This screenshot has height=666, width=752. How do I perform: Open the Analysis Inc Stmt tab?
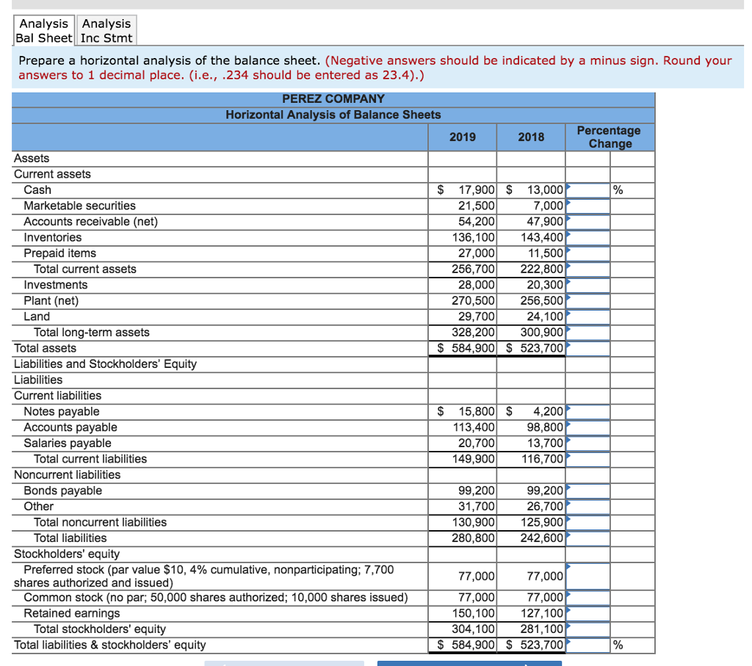click(x=106, y=31)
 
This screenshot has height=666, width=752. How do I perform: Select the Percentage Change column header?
click(x=609, y=137)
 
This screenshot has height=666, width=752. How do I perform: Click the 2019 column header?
click(x=462, y=137)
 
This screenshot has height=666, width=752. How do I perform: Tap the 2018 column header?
click(x=531, y=137)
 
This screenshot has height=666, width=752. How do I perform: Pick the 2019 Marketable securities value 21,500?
click(x=477, y=206)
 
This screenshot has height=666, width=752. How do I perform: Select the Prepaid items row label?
click(x=59, y=253)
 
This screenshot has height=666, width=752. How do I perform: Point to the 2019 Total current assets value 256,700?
click(x=474, y=269)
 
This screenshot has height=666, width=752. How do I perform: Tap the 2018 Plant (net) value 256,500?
click(x=542, y=300)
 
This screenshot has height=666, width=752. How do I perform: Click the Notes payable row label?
click(x=61, y=412)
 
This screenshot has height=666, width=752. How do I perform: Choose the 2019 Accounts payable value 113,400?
click(x=474, y=427)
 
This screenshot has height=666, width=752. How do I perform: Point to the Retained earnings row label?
click(x=71, y=613)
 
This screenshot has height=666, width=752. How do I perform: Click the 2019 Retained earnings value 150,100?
click(x=474, y=613)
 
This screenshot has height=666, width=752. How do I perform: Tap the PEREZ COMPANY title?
click(x=333, y=98)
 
